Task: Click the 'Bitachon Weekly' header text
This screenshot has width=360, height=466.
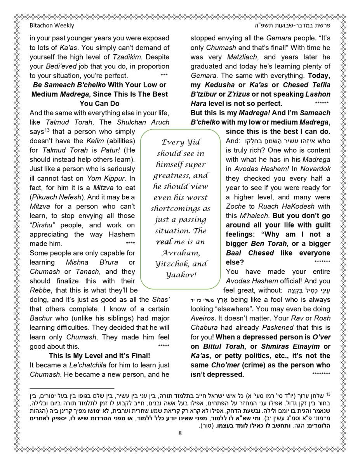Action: pyautogui.click(x=52, y=26)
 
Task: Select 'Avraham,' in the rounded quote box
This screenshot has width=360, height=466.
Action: pyautogui.click(x=180, y=253)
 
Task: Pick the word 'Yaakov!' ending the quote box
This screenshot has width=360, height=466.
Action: pyautogui.click(x=180, y=275)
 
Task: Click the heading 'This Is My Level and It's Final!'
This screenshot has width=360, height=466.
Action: pyautogui.click(x=99, y=356)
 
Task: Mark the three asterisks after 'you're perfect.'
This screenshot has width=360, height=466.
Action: pyautogui.click(x=164, y=75)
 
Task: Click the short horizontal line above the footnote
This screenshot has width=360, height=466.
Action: pyautogui.click(x=72, y=388)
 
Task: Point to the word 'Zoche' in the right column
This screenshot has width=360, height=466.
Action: pyautogui.click(x=236, y=207)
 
